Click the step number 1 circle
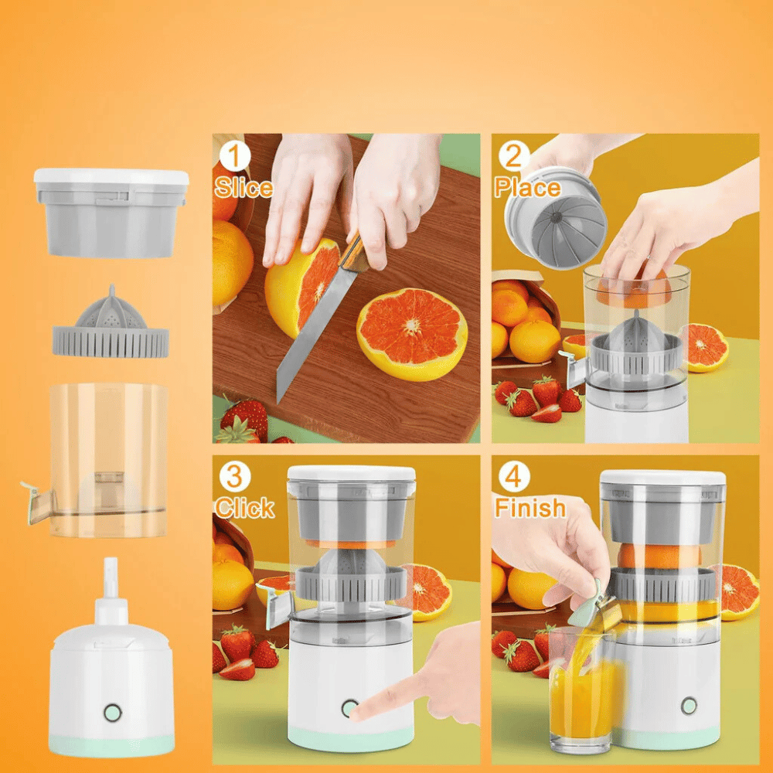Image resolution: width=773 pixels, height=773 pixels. (236, 157)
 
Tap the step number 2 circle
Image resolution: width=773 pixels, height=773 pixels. (513, 157)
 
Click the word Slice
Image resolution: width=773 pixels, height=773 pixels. (243, 188)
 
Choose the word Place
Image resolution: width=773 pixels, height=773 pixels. (527, 188)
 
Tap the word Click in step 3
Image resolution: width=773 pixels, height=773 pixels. (244, 508)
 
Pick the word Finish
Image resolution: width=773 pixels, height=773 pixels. (530, 508)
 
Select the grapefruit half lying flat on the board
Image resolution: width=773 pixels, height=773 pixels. (411, 332)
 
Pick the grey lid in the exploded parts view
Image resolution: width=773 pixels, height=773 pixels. (111, 212)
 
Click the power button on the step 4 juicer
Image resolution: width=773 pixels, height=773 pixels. (688, 705)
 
